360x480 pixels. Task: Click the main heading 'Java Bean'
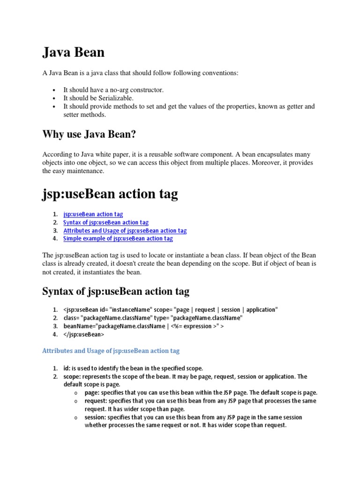[x=74, y=52]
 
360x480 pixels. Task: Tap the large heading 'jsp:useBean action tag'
[x=110, y=194]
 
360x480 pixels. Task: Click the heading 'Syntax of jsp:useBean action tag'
[x=116, y=291]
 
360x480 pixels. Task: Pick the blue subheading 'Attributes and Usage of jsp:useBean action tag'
[x=111, y=351]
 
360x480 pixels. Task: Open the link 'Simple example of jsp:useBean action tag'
[x=118, y=239]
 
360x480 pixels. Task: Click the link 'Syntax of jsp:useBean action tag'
[x=106, y=223]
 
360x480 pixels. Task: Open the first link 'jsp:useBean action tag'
[x=93, y=214]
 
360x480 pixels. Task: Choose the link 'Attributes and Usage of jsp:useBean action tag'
[x=125, y=231]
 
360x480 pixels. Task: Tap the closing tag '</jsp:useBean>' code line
[x=84, y=335]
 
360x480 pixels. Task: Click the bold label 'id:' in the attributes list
[x=67, y=368]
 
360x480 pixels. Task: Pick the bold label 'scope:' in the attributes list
[x=72, y=376]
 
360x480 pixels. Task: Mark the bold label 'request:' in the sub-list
[x=96, y=401]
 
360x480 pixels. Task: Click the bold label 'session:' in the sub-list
[x=95, y=417]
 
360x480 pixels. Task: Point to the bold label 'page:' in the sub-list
[x=92, y=393]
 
